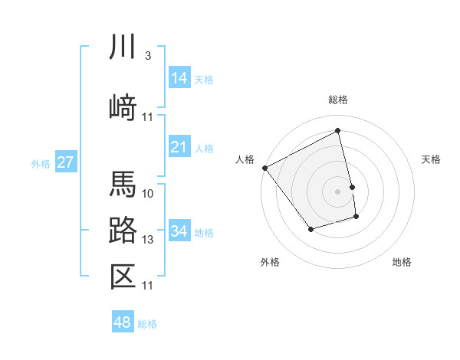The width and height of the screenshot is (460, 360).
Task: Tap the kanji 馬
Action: (123, 185)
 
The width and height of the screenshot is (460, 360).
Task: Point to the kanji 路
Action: (123, 230)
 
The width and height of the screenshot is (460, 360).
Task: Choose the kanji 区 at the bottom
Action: (123, 276)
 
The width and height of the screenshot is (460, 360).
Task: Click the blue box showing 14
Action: (179, 78)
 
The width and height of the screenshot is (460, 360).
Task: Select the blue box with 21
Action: (179, 147)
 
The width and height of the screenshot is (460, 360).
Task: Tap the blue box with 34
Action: (179, 231)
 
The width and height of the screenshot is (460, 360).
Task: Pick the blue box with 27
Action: (66, 162)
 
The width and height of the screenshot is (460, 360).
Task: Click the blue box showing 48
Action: (122, 322)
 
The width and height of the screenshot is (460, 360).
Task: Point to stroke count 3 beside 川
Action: (148, 56)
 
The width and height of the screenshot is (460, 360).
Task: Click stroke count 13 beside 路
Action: (148, 240)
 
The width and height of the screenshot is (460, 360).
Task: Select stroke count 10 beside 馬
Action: (148, 193)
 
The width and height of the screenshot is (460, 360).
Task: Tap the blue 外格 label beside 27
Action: (41, 164)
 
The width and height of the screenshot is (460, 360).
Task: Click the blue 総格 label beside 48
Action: (147, 324)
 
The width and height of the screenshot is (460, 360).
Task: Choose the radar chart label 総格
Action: (337, 100)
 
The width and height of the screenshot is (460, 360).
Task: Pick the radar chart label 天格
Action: (431, 159)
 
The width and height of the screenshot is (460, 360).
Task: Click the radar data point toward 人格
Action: (264, 168)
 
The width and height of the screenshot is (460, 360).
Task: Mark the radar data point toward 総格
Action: (337, 131)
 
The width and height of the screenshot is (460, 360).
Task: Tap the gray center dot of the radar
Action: (337, 191)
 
